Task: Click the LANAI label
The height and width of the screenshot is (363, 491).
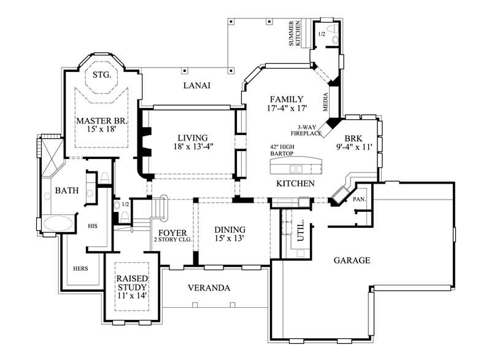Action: click(x=196, y=86)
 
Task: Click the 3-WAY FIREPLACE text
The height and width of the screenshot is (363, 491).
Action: click(x=307, y=130)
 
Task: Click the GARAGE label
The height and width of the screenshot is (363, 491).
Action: click(x=352, y=260)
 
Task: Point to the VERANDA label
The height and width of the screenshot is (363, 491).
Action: click(x=209, y=287)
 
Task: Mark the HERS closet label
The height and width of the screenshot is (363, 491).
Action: click(x=80, y=268)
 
